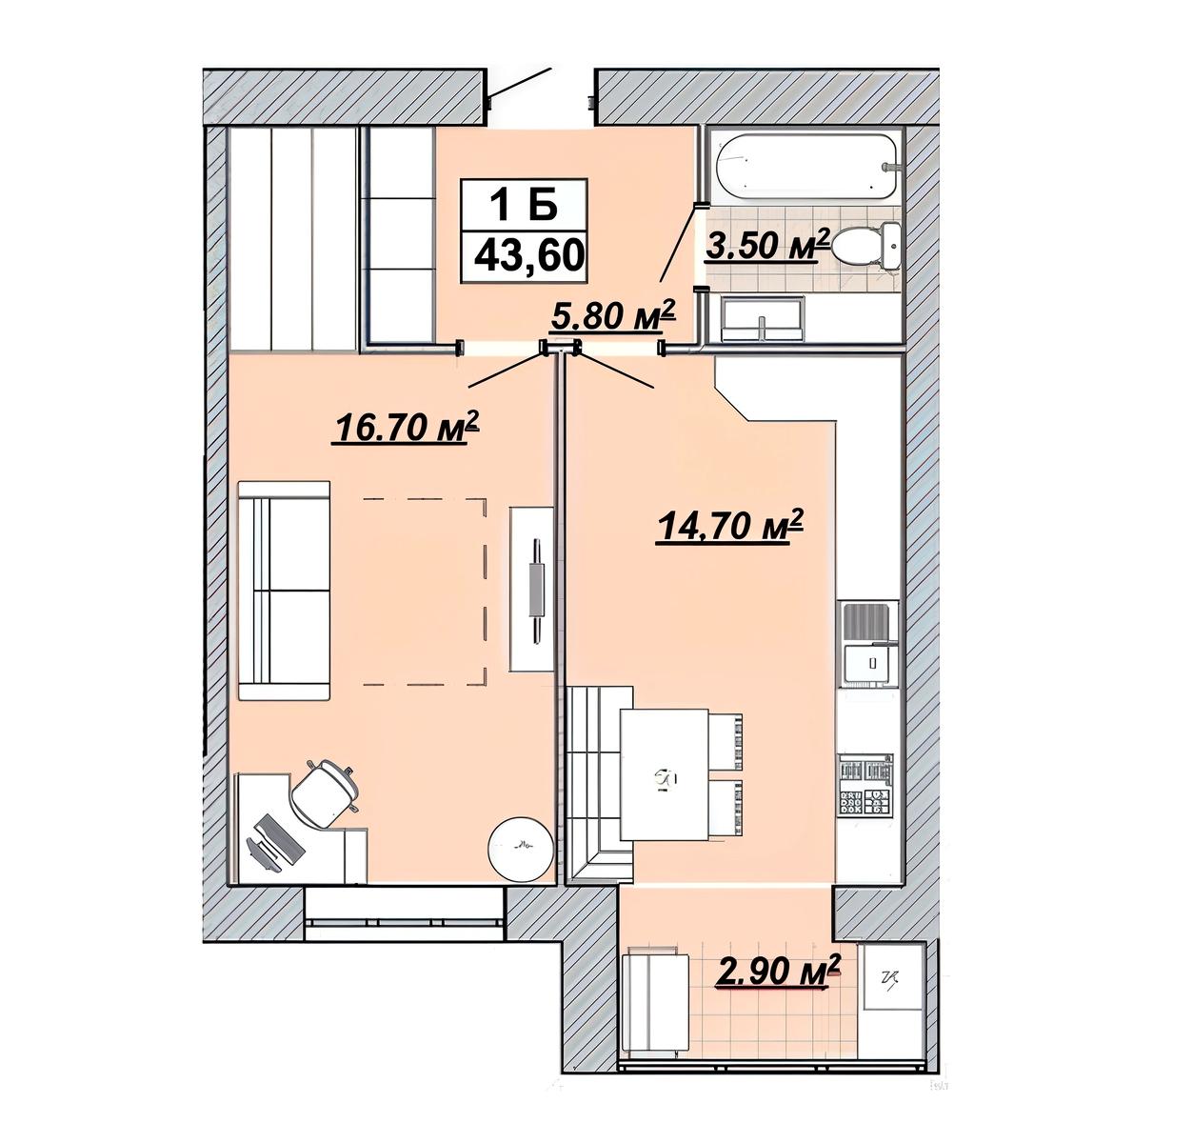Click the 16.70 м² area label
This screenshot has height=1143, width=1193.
pos(405,426)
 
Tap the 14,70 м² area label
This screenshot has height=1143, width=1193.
pos(729,526)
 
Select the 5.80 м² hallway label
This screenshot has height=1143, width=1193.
pos(613,315)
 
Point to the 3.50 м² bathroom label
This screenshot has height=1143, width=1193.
pos(766,246)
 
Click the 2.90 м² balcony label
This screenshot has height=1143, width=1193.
pos(777,972)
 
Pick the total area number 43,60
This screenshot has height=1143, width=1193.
pos(528,256)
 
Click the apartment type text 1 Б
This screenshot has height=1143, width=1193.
pos(525,205)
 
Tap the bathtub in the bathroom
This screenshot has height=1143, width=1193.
pos(806,166)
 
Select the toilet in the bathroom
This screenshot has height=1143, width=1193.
pos(869,246)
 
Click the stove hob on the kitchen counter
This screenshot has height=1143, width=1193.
pos(865,787)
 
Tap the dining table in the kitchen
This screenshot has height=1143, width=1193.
pos(666,773)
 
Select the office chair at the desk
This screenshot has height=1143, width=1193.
pos(325,792)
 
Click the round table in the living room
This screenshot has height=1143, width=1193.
pos(522,850)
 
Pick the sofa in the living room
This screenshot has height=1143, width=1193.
pos(284,590)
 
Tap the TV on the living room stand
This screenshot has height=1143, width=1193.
pos(537,591)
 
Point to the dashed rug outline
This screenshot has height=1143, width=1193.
pos(425,592)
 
